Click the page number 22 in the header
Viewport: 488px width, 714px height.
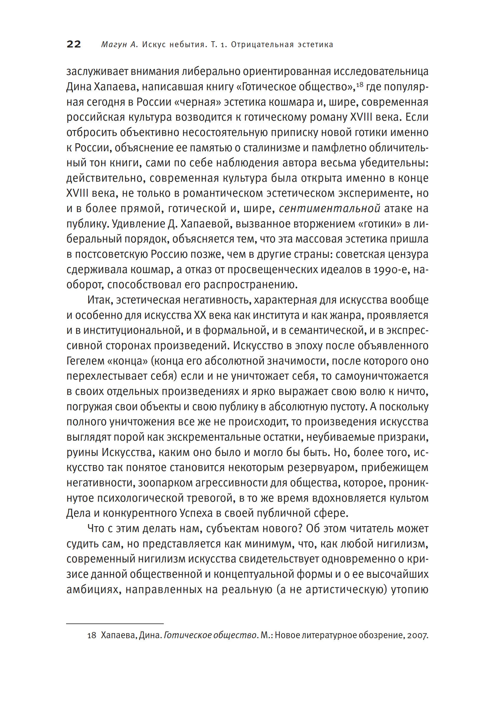coord(74,44)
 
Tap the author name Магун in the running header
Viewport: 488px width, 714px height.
coord(114,45)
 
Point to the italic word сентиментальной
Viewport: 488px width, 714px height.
coord(330,209)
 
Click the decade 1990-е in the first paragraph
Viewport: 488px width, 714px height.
coord(391,270)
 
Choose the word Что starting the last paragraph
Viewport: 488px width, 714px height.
coord(96,528)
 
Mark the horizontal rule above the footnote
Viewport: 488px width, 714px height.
coord(115,624)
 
